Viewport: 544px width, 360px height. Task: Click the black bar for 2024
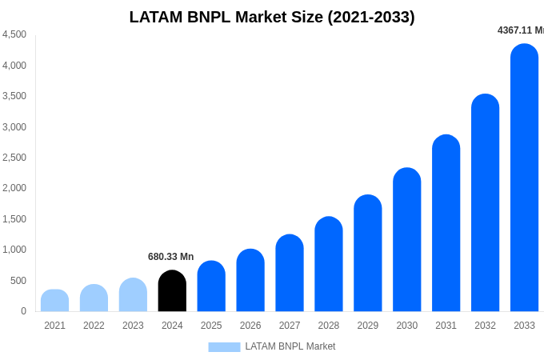(x=172, y=291)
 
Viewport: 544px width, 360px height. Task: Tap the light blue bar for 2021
(x=54, y=301)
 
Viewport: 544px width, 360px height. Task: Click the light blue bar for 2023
(x=133, y=295)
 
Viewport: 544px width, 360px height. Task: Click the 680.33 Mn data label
(x=170, y=257)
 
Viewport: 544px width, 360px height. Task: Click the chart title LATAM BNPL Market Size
(x=272, y=17)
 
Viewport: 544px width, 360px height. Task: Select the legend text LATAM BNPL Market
(x=290, y=346)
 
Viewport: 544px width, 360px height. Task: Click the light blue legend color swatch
(x=224, y=347)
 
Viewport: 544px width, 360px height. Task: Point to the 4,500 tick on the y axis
(x=14, y=34)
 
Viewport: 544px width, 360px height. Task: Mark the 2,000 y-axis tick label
(x=14, y=188)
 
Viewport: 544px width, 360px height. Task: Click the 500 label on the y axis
(x=18, y=281)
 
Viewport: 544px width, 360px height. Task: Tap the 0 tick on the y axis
(x=23, y=311)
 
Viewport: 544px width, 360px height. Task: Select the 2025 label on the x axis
(x=211, y=326)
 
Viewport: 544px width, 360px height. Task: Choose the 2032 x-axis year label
(x=485, y=326)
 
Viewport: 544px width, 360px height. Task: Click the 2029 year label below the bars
(x=368, y=326)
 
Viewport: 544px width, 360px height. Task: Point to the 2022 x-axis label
(x=94, y=326)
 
